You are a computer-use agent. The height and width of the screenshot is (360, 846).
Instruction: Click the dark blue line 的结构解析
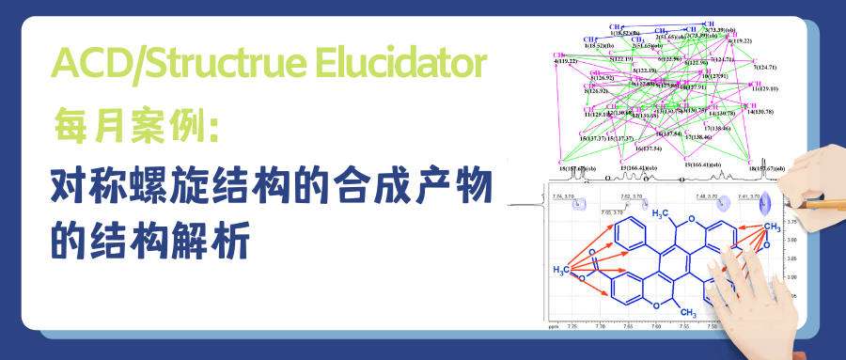(x=149, y=242)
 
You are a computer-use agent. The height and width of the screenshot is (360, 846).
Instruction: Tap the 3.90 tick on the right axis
(x=792, y=276)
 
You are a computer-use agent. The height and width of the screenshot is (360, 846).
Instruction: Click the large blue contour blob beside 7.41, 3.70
(x=770, y=200)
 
